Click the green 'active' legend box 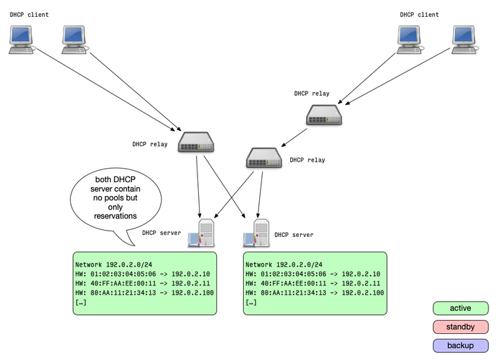[x=460, y=308]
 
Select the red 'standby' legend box [x=460, y=327]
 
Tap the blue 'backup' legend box [x=460, y=345]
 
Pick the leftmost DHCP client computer [x=21, y=40]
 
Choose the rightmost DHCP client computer [x=464, y=40]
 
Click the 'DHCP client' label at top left [x=29, y=15]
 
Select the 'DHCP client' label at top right [x=419, y=15]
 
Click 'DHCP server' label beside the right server [x=294, y=235]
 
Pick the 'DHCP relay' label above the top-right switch [x=312, y=94]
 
